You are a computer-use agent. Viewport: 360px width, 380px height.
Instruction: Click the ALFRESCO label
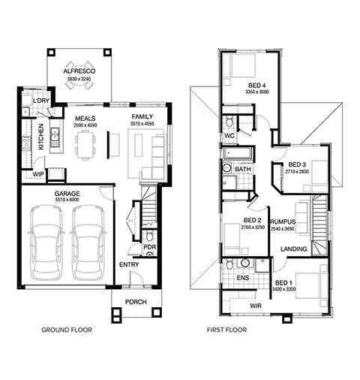(x=79, y=71)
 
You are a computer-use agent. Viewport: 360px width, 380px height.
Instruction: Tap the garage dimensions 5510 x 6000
(x=67, y=200)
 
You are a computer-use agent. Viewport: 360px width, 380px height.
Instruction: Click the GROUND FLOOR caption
(x=67, y=330)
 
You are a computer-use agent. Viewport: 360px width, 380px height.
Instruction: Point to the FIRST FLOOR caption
(x=226, y=330)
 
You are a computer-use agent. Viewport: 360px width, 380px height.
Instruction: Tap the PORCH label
(x=136, y=302)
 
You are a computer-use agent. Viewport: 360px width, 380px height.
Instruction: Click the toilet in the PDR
(x=149, y=236)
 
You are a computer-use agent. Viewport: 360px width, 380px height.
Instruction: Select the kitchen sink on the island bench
(x=54, y=137)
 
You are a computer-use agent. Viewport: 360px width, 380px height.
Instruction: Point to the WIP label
(x=38, y=174)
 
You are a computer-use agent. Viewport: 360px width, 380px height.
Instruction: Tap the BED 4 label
(x=256, y=86)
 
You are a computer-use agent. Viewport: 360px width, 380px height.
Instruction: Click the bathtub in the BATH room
(x=237, y=153)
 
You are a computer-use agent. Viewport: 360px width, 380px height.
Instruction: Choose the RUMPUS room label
(x=283, y=222)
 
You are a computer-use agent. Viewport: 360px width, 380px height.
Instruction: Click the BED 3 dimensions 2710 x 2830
(x=297, y=172)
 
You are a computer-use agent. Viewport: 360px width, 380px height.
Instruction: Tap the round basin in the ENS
(x=245, y=263)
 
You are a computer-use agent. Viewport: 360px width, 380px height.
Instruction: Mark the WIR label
(x=256, y=306)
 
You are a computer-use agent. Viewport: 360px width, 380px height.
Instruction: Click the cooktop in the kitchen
(x=26, y=145)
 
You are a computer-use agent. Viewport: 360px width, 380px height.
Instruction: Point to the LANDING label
(x=294, y=249)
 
